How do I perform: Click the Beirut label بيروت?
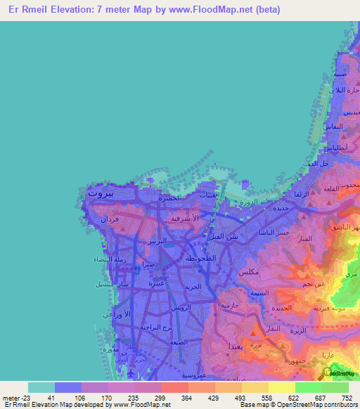(100, 190)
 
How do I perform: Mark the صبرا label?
(148, 265)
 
